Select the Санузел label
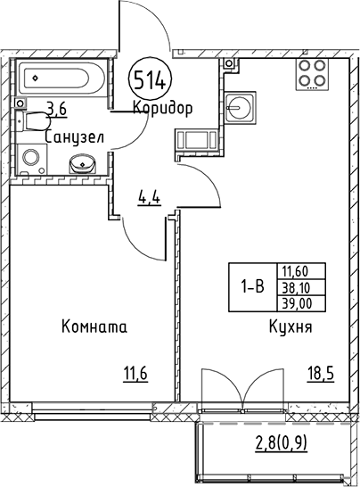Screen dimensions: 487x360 [75, 136]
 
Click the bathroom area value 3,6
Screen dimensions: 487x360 [57, 110]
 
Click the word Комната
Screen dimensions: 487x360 [94, 327]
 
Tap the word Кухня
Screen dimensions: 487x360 [290, 327]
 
